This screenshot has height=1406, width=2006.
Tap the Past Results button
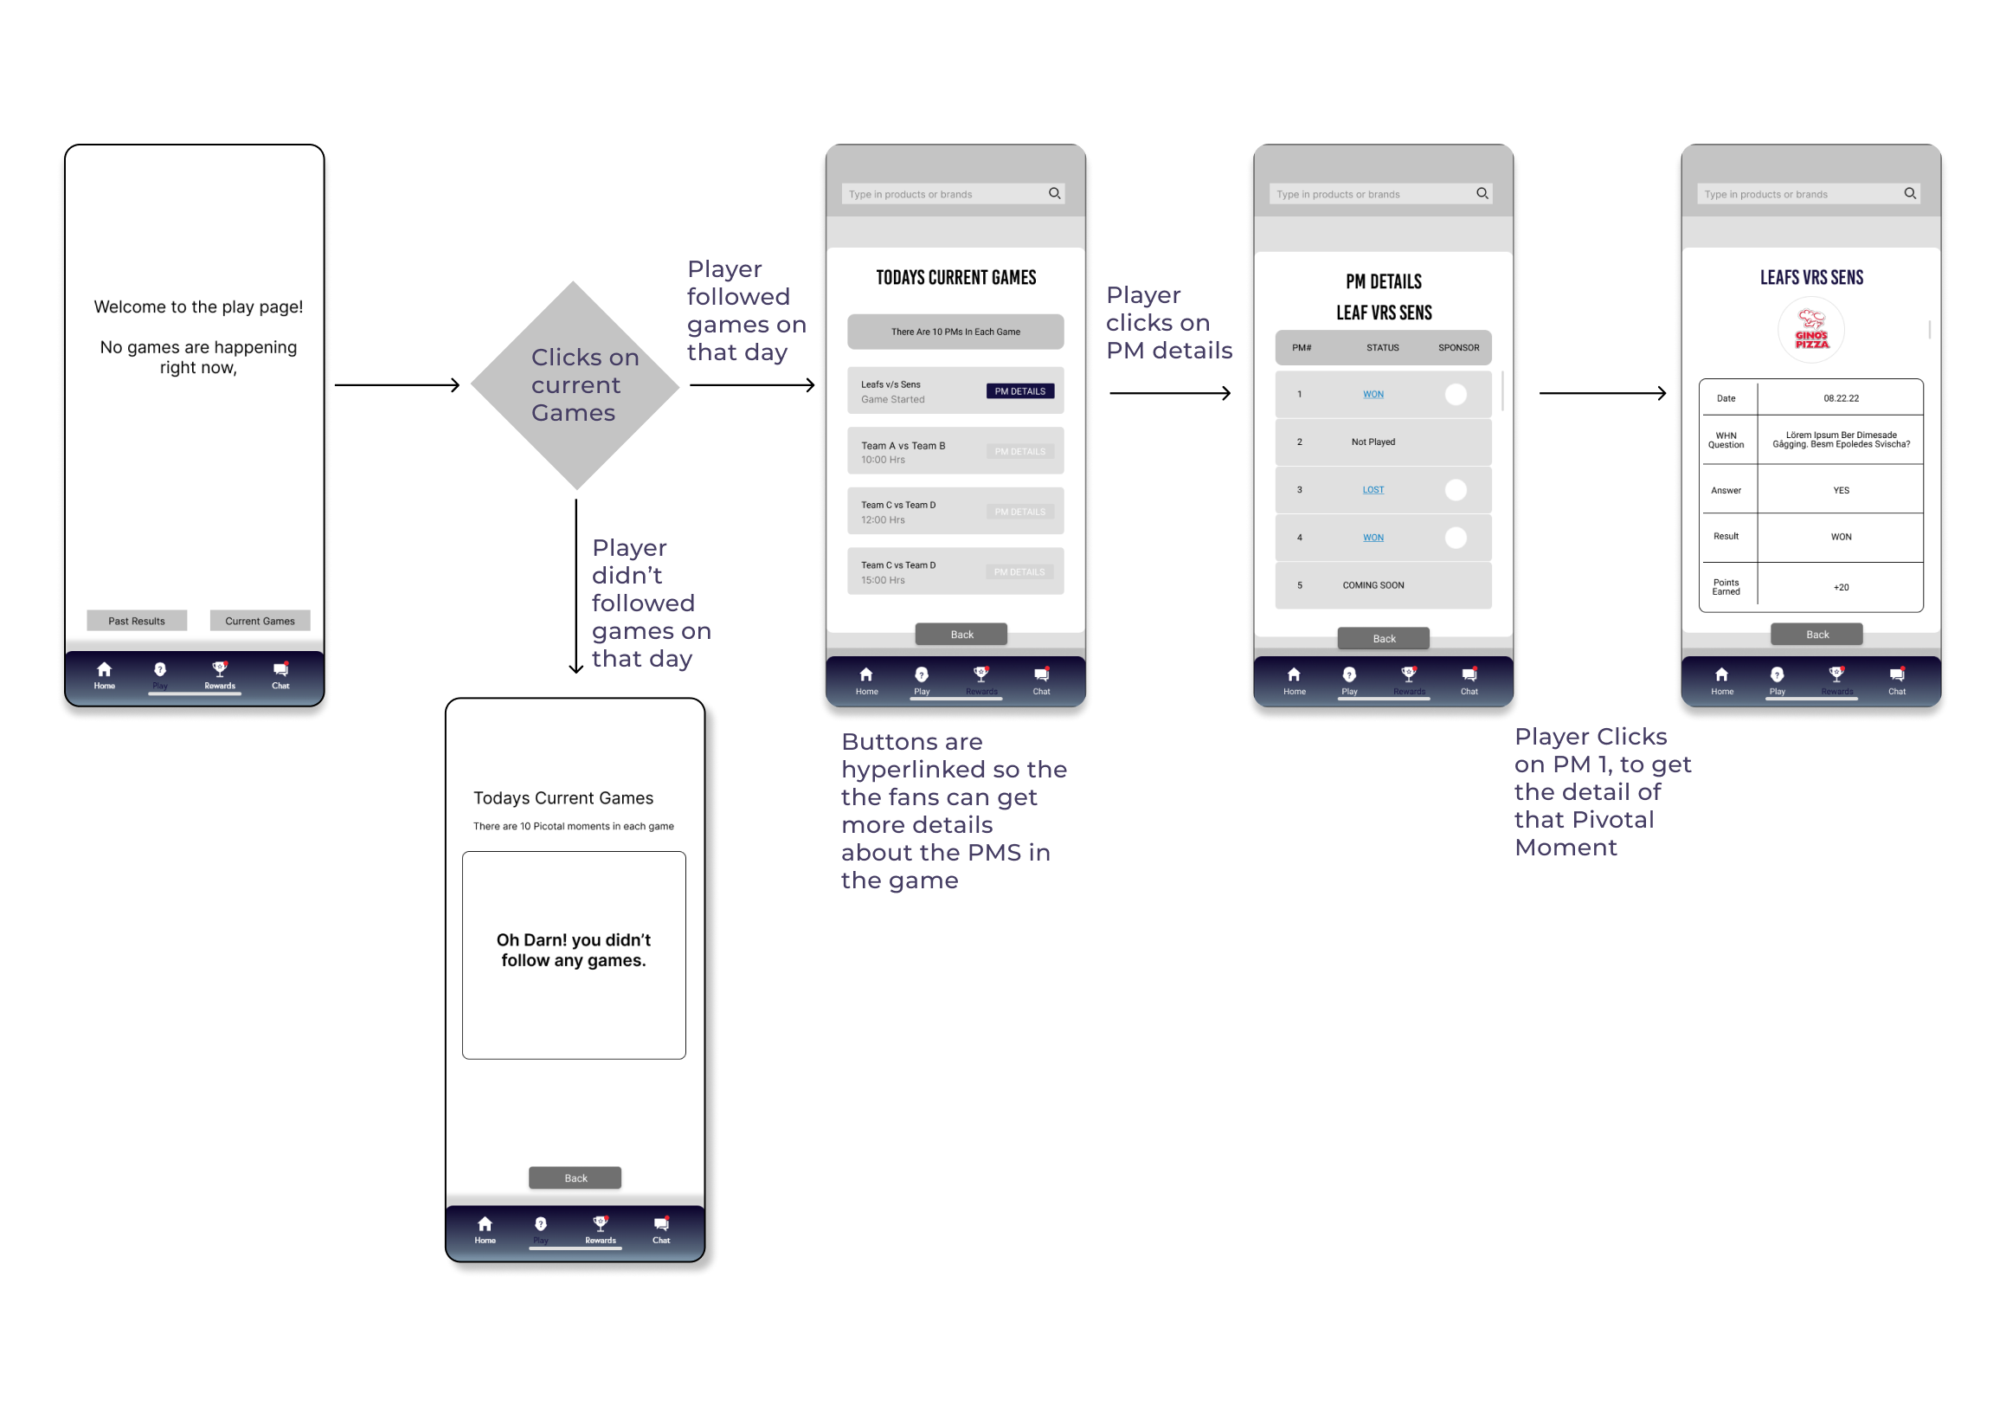coord(136,621)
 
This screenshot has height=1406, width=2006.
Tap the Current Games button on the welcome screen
coord(260,621)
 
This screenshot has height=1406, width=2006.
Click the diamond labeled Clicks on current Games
coord(575,385)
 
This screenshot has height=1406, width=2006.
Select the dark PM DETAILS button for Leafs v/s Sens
coord(1019,391)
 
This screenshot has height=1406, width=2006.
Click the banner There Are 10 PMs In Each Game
coord(955,332)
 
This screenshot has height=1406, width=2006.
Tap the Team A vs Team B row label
coord(903,446)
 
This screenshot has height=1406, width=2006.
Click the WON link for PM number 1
coord(1373,394)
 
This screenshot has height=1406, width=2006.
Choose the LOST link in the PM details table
coord(1373,489)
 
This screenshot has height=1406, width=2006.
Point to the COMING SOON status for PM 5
coord(1373,585)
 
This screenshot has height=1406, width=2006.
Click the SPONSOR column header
coord(1458,348)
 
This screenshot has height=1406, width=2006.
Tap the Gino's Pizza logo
coord(1810,331)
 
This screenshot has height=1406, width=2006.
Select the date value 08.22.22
coord(1840,398)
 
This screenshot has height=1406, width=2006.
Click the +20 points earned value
coord(1840,587)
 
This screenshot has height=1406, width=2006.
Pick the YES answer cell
coord(1840,490)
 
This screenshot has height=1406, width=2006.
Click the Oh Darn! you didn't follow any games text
coord(573,950)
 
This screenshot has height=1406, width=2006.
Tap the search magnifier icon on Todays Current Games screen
coord(1055,193)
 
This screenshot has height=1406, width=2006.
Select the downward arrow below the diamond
coord(575,585)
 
